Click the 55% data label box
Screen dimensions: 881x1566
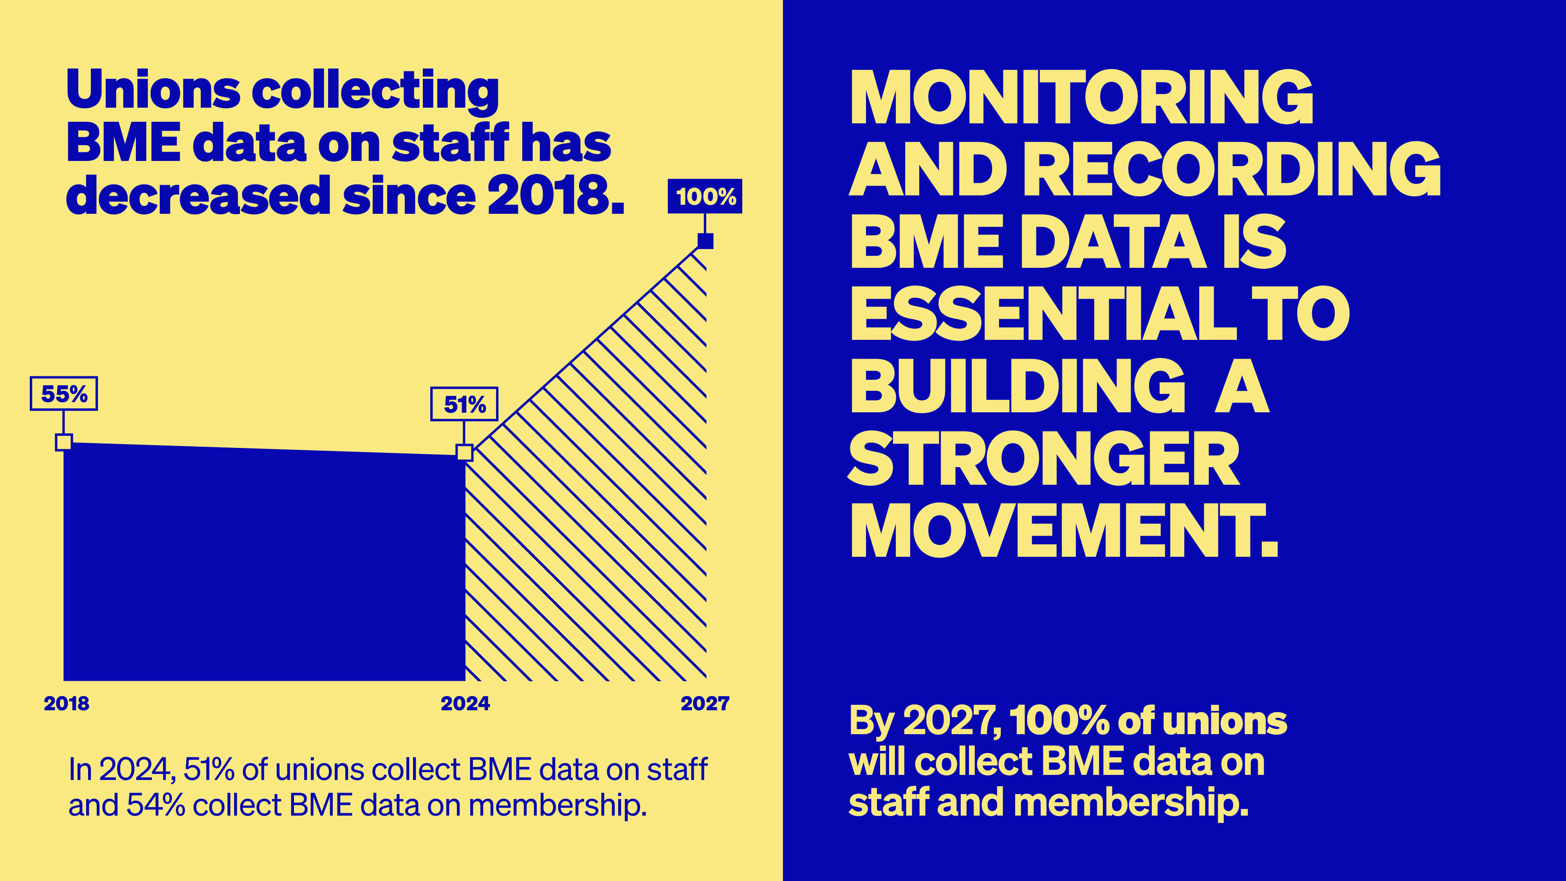64,394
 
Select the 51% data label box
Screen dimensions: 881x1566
464,404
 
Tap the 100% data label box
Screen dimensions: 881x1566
705,197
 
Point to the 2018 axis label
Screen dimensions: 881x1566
66,704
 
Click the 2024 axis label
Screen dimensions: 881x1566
465,704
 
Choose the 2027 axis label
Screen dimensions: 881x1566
705,704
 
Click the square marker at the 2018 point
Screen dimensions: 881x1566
64,442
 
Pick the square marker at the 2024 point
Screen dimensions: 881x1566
464,452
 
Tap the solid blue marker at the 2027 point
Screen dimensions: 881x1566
705,241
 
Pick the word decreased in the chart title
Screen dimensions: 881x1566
198,196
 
